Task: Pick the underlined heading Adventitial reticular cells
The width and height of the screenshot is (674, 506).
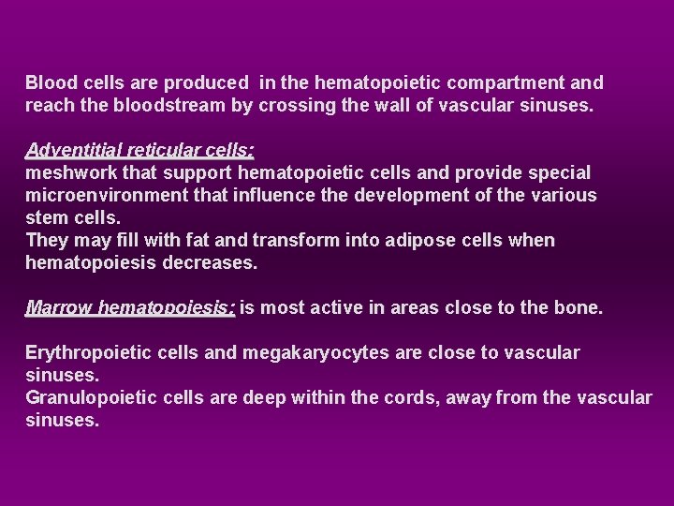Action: [x=140, y=150]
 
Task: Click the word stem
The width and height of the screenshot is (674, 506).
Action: [x=47, y=217]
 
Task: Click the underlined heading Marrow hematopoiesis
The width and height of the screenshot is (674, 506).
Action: [x=130, y=307]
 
